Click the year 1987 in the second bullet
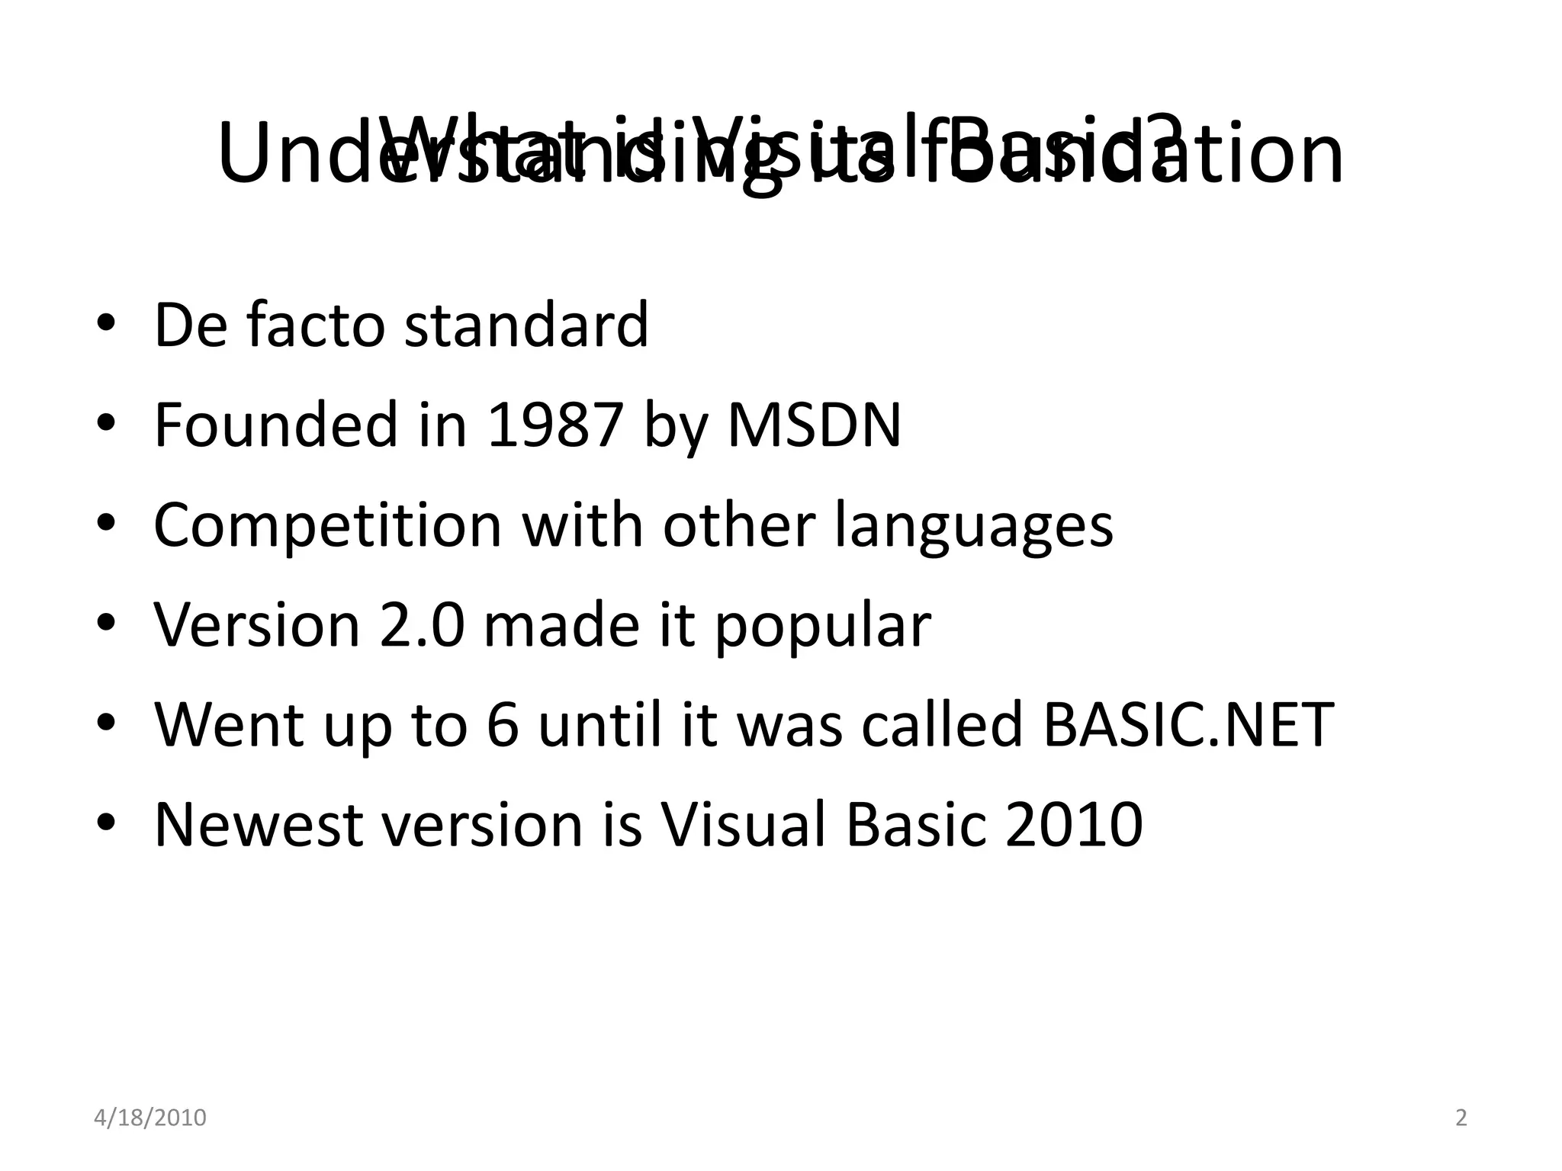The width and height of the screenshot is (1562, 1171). (x=555, y=425)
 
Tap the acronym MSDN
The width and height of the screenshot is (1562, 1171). (x=815, y=425)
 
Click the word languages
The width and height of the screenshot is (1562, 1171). (x=973, y=525)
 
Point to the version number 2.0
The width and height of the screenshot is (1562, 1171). (x=422, y=625)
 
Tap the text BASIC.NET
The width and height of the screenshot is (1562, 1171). (x=1188, y=725)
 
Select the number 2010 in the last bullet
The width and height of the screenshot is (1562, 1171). (x=1073, y=825)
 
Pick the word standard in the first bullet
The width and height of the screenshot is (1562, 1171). (x=526, y=325)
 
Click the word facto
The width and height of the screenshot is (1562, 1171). (x=316, y=325)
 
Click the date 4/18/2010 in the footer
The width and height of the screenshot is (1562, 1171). (x=150, y=1118)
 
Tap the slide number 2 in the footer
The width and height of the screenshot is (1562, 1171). (x=1461, y=1118)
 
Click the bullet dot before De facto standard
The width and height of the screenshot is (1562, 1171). (x=106, y=323)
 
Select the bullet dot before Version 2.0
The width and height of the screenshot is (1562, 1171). (x=106, y=624)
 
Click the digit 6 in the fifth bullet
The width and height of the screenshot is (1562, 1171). (x=503, y=725)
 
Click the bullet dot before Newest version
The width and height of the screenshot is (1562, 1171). (x=106, y=823)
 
